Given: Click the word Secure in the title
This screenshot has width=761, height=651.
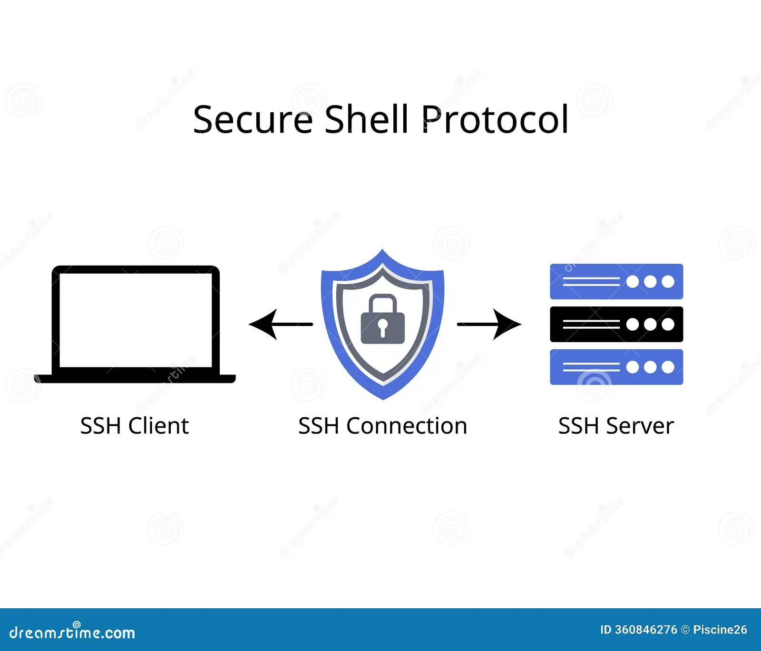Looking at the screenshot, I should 253,119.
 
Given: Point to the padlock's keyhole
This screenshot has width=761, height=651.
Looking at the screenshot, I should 382,327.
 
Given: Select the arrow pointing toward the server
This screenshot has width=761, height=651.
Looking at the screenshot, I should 489,324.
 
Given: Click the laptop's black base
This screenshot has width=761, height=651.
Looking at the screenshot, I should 135,379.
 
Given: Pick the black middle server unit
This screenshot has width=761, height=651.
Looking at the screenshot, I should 616,324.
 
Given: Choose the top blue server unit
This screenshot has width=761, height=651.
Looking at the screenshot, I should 616,281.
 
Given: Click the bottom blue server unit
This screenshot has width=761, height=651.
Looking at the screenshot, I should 616,367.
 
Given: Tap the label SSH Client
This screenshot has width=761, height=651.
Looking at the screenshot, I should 135,426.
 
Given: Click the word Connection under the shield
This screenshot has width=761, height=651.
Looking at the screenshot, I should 407,426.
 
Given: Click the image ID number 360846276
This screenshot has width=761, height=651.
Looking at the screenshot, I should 645,630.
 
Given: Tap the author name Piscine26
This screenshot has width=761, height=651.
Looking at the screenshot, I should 720,630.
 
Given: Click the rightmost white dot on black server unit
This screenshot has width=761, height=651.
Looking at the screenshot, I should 668,324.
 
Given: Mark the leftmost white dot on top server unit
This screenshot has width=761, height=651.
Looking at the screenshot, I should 633,282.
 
